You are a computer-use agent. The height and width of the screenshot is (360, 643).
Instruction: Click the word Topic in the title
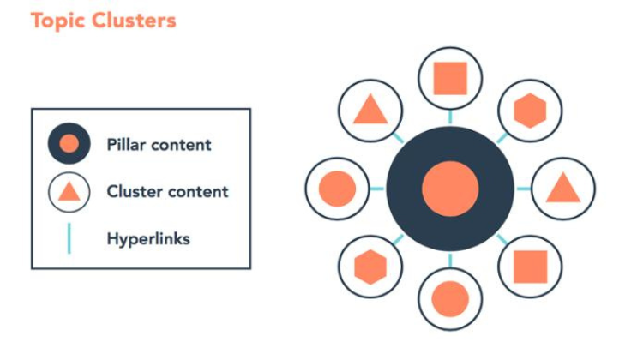coord(57,21)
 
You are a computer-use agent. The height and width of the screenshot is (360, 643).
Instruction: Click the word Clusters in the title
coord(134,20)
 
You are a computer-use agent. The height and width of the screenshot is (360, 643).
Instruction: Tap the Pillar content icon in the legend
coord(69,143)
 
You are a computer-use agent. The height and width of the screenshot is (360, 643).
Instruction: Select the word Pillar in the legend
coord(126,144)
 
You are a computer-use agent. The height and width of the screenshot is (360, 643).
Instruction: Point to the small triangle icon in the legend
coord(69,192)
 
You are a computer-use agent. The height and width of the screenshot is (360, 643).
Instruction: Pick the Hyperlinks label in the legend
coord(148,238)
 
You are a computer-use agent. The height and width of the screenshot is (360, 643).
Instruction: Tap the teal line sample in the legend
coord(69,238)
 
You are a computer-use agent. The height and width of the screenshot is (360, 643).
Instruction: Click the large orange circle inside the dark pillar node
coord(450,189)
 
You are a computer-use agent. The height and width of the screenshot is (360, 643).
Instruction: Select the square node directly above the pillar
coord(450,78)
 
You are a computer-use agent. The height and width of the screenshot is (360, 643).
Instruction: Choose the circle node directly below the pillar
coord(450,299)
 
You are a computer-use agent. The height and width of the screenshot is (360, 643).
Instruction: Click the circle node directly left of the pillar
coord(337,189)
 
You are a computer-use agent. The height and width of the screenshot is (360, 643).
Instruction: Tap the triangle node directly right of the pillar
coord(563,189)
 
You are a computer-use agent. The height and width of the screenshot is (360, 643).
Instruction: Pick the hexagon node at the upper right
coord(530,111)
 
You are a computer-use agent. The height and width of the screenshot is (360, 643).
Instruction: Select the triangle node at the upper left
coord(370,111)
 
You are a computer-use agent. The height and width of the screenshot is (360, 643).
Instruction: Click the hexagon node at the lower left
coord(370,267)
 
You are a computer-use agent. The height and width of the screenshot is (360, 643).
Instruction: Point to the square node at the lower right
coord(530,267)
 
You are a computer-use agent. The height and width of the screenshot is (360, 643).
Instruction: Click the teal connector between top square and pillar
coord(450,117)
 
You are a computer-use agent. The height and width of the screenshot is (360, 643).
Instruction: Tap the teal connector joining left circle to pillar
coord(377,189)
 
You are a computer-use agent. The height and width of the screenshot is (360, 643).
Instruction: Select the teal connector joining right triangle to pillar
coord(524,189)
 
